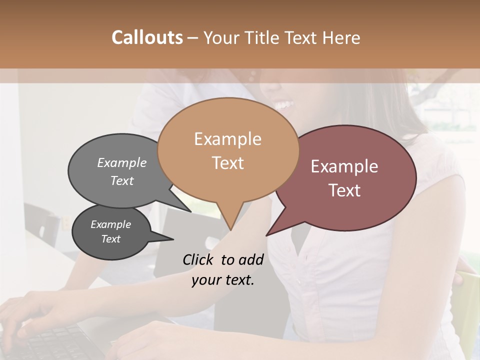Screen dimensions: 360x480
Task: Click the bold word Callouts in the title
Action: click(147, 37)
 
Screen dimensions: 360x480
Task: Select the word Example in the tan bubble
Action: click(227, 139)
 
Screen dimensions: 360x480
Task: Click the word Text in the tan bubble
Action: click(227, 163)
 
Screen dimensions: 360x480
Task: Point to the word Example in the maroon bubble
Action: click(344, 166)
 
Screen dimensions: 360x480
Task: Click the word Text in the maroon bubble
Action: click(344, 190)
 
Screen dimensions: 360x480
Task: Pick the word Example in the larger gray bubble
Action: click(122, 162)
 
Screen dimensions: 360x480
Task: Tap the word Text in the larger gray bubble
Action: click(122, 180)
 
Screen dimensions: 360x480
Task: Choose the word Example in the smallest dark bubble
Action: click(110, 224)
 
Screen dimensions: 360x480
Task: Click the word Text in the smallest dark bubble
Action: click(110, 239)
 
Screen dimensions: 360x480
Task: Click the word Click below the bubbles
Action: click(199, 259)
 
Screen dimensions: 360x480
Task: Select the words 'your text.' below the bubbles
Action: click(222, 280)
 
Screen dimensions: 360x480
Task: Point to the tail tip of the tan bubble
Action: click(230, 230)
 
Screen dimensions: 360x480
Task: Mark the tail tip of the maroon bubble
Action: click(267, 235)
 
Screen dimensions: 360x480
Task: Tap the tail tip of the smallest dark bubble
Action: click(173, 239)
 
